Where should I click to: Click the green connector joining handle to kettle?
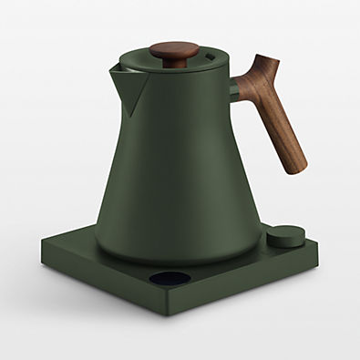point(234,90)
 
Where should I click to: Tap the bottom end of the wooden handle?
point(297,166)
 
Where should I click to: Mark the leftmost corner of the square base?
point(41,242)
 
